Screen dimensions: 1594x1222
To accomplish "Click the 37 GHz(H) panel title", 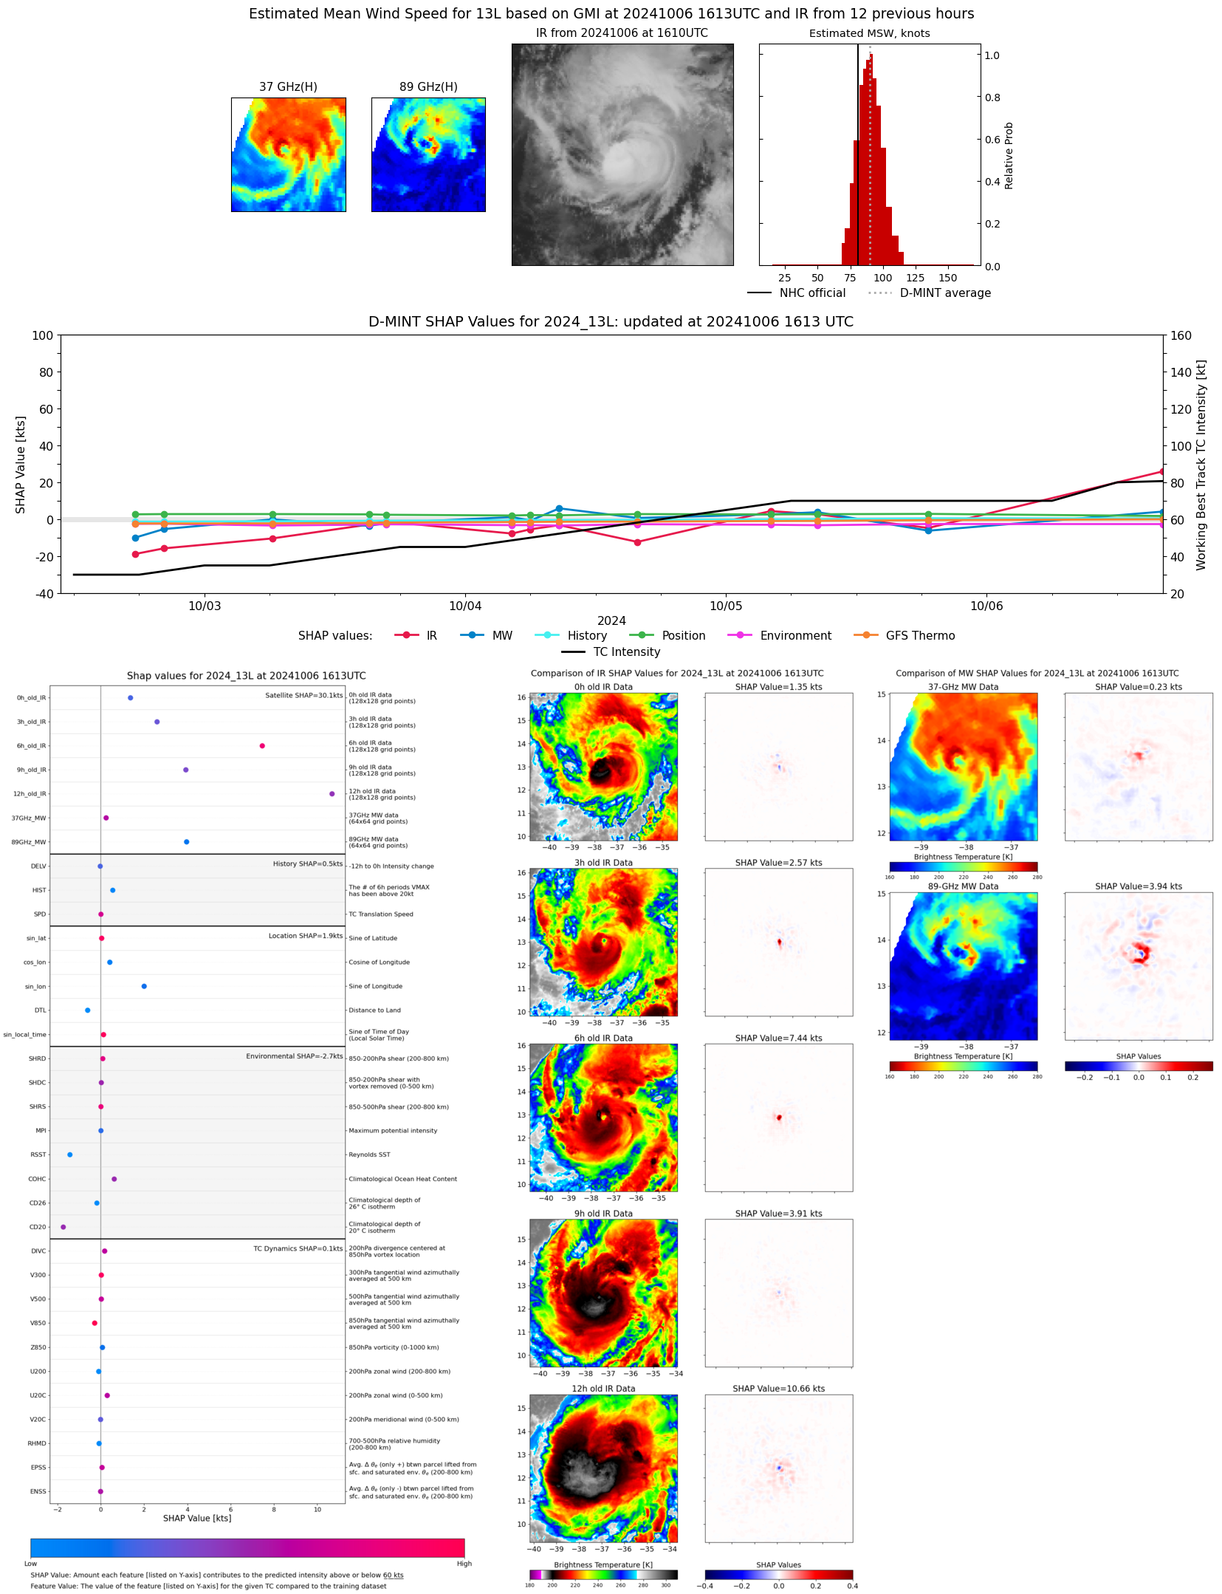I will [288, 87].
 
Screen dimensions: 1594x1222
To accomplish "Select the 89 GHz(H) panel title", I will [428, 87].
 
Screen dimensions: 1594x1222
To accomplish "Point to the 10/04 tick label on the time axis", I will [465, 606].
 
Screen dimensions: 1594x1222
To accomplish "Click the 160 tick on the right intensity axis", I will [1181, 335].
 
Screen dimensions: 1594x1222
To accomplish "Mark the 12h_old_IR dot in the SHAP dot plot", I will [332, 794].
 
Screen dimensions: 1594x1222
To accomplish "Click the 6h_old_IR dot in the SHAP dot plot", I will [262, 746].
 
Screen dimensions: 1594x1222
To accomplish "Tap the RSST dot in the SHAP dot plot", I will [70, 1155].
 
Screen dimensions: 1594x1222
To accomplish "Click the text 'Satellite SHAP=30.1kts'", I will [303, 696].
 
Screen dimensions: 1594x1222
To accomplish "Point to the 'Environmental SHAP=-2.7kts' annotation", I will [294, 1056].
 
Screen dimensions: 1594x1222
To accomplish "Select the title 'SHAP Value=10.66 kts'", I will [778, 1389].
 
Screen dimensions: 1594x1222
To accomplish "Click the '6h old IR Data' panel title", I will [603, 1038].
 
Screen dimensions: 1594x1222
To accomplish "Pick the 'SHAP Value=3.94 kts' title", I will [1138, 886].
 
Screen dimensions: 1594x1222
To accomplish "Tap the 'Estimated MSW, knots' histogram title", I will [869, 33].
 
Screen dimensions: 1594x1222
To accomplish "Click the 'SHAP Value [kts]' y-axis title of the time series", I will [21, 465].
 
